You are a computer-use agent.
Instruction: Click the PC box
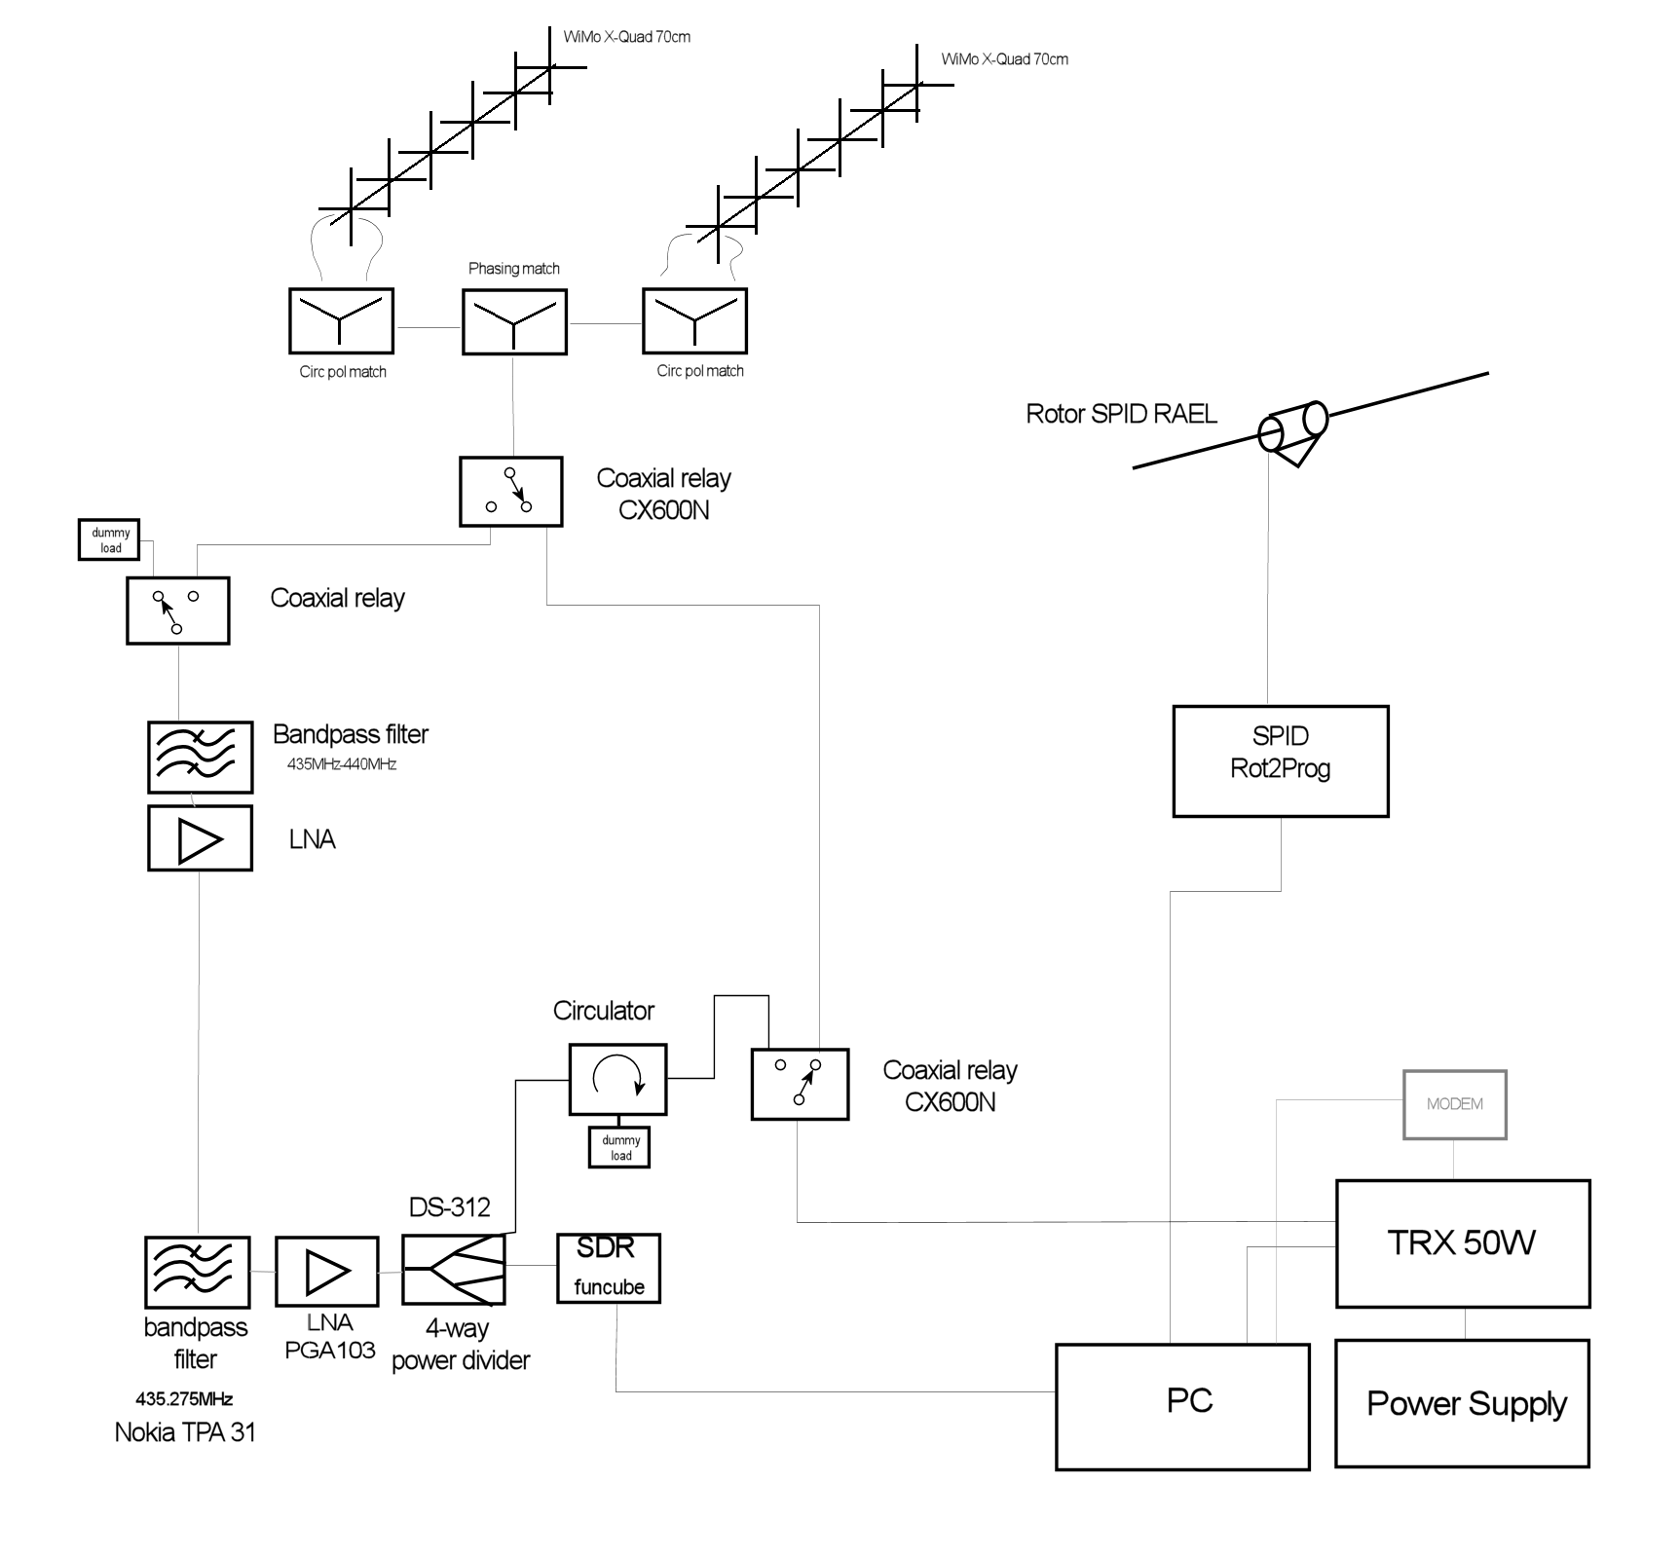click(x=1181, y=1406)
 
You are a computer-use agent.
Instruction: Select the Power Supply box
click(x=1462, y=1403)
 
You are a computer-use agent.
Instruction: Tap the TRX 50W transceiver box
click(x=1462, y=1243)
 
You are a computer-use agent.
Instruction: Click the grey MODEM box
click(x=1454, y=1104)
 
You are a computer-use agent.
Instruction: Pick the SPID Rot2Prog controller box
click(x=1280, y=760)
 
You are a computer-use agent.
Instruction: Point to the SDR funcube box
click(x=609, y=1268)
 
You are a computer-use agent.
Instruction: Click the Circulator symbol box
click(x=617, y=1079)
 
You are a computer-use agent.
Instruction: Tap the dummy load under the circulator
click(x=619, y=1147)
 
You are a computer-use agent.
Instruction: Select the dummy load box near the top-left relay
click(x=109, y=540)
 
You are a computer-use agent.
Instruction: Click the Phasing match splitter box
click(x=513, y=321)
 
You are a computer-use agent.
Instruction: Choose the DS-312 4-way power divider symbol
click(x=454, y=1269)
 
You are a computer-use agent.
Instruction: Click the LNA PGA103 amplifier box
click(x=326, y=1271)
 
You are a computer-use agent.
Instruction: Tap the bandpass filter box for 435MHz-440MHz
click(x=200, y=757)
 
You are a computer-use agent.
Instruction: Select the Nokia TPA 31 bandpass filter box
click(x=197, y=1272)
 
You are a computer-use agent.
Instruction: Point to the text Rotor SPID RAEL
click(x=1121, y=414)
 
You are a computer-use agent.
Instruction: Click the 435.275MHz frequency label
click(x=184, y=1399)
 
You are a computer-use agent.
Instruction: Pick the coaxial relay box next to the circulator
click(x=800, y=1084)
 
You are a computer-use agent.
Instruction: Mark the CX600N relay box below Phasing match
click(x=510, y=492)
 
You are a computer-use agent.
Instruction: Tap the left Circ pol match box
click(x=341, y=320)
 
